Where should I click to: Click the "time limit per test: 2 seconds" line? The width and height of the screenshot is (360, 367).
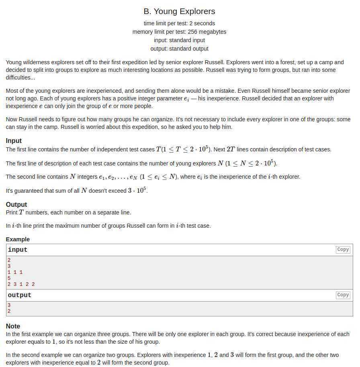click(179, 23)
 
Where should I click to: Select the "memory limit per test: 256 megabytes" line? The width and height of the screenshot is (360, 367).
click(179, 32)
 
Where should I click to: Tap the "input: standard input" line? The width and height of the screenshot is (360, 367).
click(179, 40)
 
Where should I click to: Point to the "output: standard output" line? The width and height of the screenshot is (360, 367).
click(179, 49)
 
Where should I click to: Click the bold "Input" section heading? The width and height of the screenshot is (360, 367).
click(14, 141)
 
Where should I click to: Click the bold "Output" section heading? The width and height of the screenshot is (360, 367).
click(16, 204)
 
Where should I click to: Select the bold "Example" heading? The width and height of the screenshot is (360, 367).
click(18, 239)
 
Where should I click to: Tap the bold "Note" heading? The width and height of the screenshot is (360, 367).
click(13, 326)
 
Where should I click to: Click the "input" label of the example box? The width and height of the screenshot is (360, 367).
click(18, 250)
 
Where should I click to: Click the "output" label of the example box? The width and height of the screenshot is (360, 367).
click(19, 295)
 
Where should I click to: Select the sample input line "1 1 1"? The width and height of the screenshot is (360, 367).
click(15, 272)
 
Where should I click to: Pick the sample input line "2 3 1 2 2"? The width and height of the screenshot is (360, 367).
click(21, 284)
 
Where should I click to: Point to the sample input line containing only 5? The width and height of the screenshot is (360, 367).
click(9, 278)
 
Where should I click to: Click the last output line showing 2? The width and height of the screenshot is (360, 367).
click(9, 311)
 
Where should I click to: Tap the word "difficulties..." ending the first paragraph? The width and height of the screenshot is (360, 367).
click(20, 77)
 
